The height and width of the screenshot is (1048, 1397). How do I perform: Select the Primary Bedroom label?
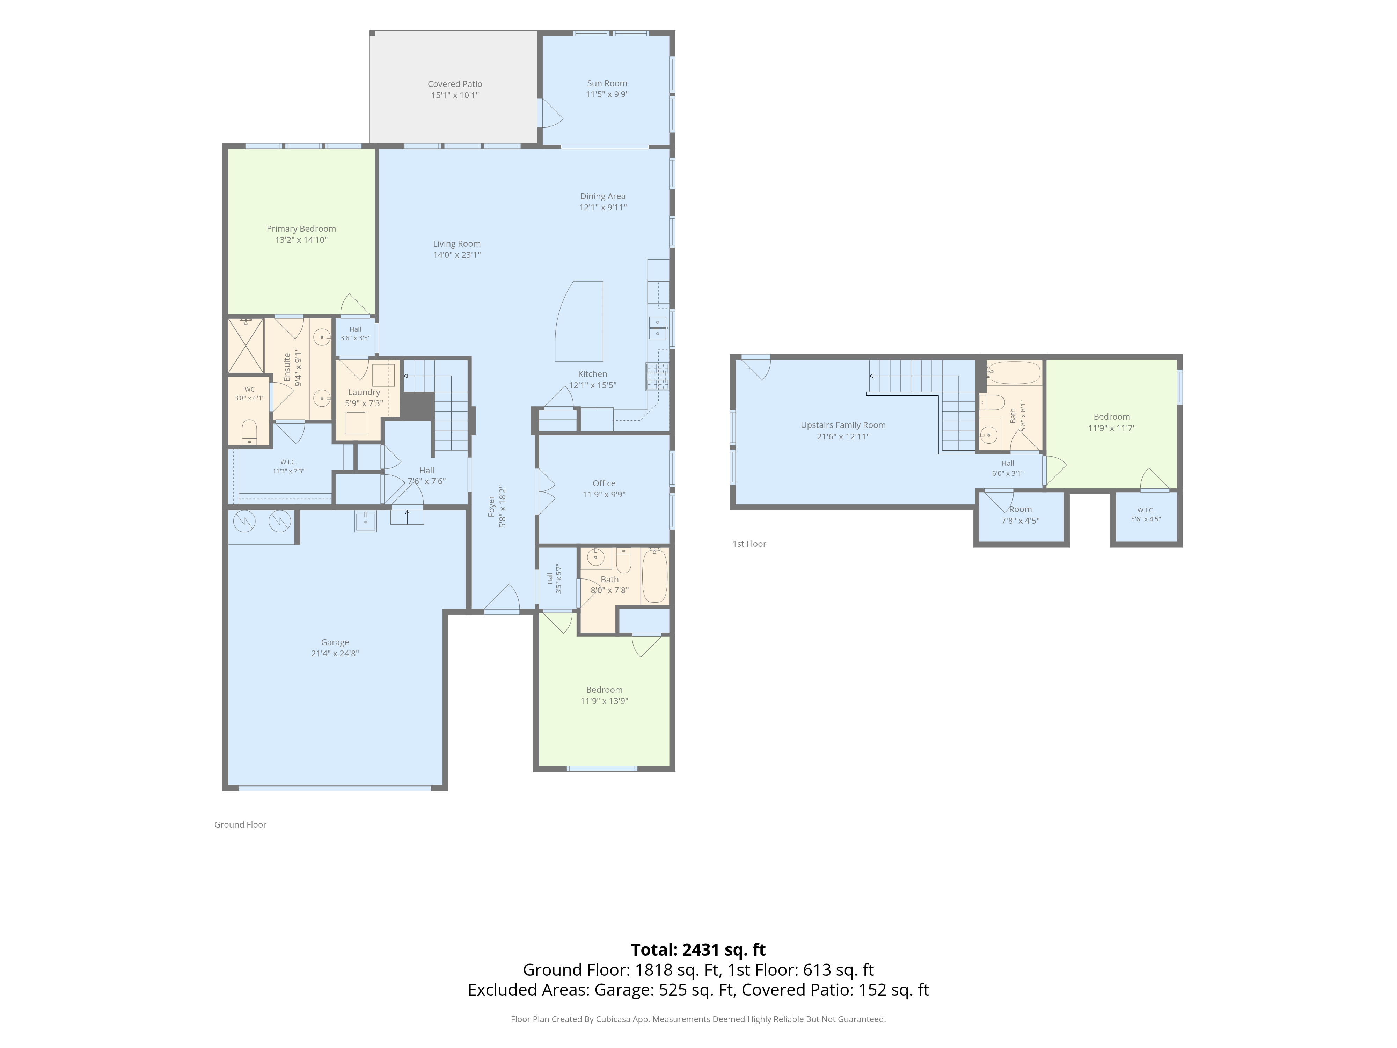[x=301, y=229]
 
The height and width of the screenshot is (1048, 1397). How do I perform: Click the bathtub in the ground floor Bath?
[x=654, y=575]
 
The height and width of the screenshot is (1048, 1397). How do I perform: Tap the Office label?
[x=604, y=483]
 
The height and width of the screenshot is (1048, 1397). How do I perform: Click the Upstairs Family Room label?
[x=843, y=425]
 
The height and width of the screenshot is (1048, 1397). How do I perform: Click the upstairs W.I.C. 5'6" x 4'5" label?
[x=1146, y=514]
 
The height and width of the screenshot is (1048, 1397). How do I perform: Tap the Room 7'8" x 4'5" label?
[x=1020, y=515]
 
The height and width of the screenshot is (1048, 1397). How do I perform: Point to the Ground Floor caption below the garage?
[x=240, y=824]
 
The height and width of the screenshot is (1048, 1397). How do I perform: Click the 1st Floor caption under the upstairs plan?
[x=749, y=543]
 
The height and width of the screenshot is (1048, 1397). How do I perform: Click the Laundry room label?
[x=364, y=392]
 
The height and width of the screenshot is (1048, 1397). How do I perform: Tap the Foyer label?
[x=491, y=507]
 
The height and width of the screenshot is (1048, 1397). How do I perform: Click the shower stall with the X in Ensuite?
[x=246, y=345]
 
